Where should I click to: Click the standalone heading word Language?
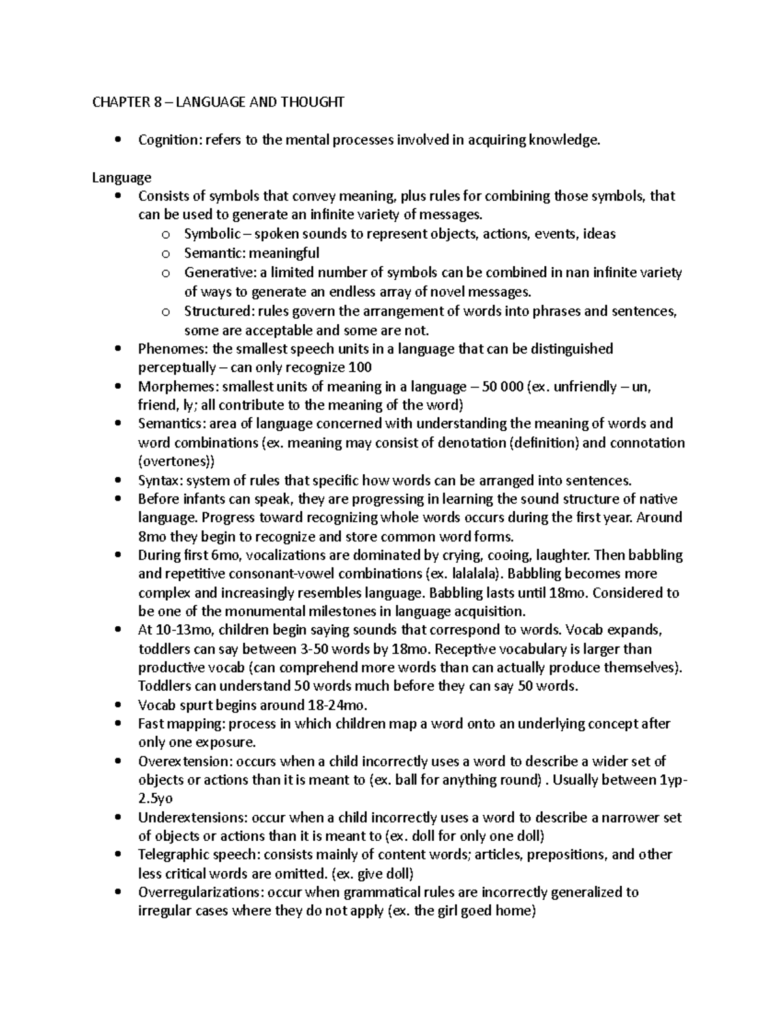tap(121, 177)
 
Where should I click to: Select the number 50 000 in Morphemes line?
tap(502, 387)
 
